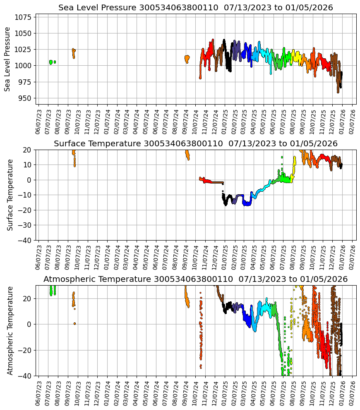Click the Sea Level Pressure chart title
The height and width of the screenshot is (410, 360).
195,8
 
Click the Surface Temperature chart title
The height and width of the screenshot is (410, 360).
195,144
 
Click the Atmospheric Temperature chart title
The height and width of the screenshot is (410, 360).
195,279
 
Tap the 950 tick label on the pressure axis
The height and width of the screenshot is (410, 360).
25,98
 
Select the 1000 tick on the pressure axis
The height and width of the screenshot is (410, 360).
23,66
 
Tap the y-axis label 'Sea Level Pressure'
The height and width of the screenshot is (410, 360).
7,59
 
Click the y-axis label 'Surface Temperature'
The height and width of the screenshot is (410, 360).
10,195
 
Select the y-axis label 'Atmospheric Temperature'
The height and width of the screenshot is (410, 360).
10,330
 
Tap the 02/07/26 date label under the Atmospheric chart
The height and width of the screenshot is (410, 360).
353,393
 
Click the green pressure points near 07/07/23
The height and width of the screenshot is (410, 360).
51,62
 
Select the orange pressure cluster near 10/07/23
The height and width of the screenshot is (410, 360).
74,53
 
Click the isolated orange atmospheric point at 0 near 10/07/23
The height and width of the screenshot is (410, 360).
74,324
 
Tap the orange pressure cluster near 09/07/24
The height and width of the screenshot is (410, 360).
187,59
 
